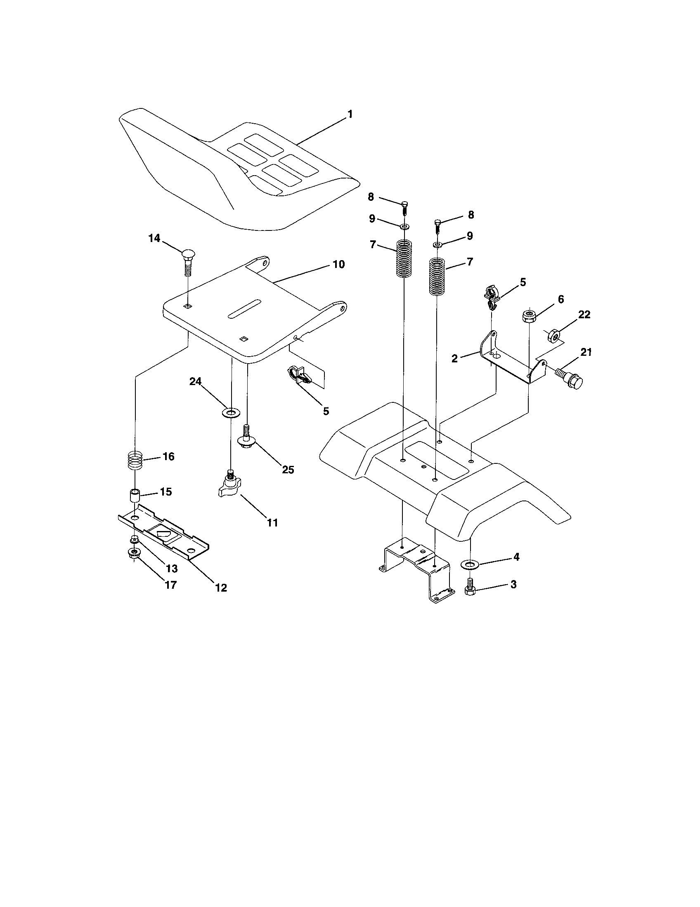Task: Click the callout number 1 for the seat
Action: pos(350,114)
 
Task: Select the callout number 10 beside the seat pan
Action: pos(338,264)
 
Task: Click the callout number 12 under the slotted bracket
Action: pos(221,587)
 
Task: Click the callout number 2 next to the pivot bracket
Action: pos(455,358)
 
